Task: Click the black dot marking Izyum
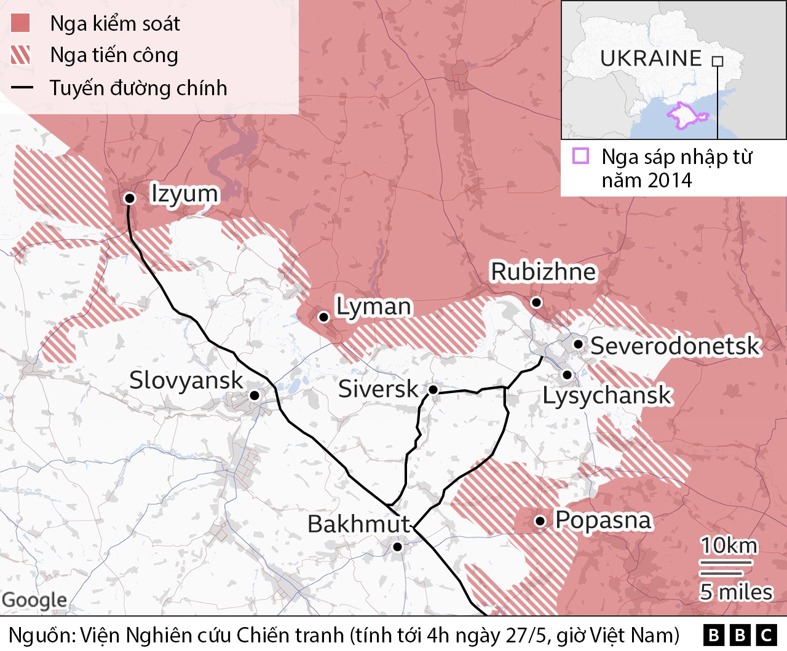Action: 130,198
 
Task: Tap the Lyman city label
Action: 373,306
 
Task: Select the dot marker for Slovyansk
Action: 254,396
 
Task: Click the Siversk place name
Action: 378,389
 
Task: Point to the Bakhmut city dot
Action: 397,547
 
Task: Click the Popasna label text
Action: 603,520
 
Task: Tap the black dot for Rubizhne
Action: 536,302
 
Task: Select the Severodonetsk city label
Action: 675,346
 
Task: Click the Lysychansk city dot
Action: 567,374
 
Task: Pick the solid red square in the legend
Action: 20,23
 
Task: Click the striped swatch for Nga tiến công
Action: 20,55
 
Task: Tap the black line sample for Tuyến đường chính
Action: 22,88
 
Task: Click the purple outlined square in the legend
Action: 580,156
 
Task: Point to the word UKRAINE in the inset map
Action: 651,58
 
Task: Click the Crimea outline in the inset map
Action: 686,115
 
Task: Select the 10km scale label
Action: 729,545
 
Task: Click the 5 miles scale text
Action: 735,592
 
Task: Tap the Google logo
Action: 34,600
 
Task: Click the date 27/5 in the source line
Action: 527,635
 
